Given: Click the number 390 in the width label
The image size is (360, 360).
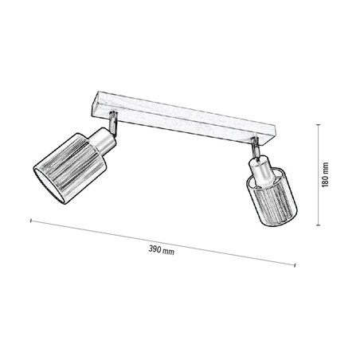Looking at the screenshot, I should coord(156,251).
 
